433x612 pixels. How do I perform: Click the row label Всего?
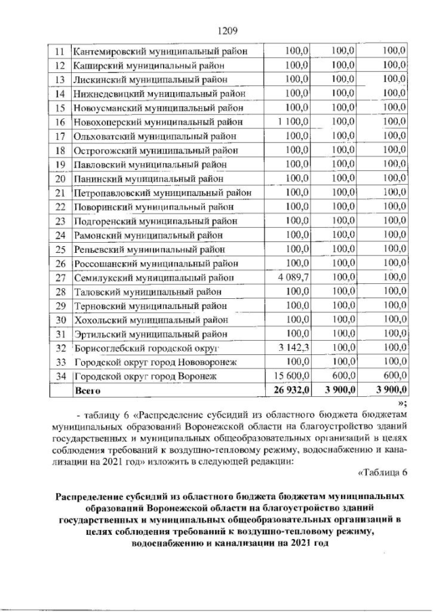click(89, 390)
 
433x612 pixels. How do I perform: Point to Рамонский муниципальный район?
click(145, 235)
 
